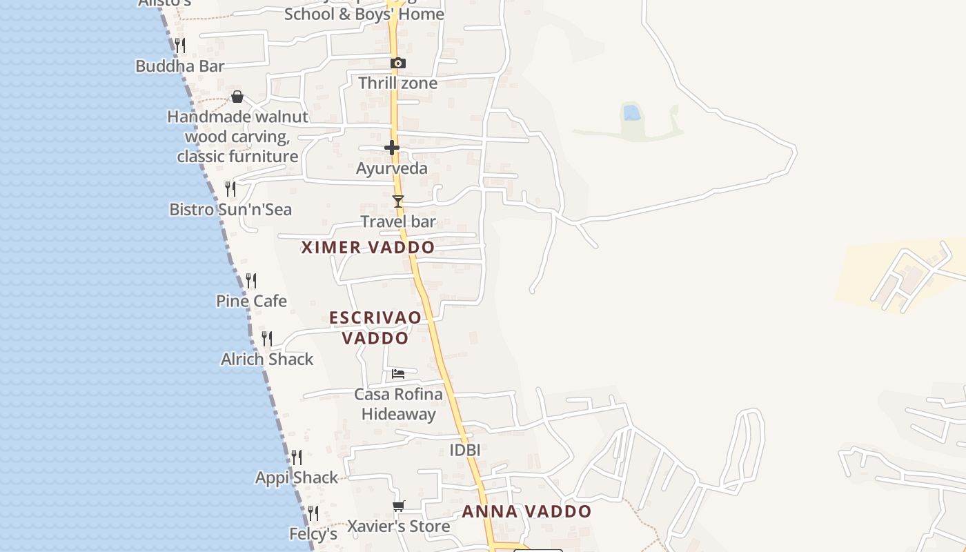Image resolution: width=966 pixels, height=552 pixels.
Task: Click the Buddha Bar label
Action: point(180,66)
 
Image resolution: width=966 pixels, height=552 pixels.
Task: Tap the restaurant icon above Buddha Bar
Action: point(179,46)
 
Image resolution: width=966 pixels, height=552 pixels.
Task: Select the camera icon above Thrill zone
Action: point(397,63)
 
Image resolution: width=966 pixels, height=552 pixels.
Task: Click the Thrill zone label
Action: point(397,83)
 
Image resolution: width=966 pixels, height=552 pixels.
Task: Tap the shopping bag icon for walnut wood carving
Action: point(237,97)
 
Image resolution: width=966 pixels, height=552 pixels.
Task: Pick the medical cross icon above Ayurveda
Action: point(392,148)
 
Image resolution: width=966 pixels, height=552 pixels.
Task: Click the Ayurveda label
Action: point(392,168)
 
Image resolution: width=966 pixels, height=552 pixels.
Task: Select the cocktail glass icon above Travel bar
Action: point(398,201)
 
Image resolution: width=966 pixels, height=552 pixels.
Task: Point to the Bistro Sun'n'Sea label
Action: point(230,210)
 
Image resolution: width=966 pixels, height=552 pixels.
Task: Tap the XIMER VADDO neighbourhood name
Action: point(368,248)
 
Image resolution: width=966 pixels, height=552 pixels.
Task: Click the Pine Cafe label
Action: point(251,302)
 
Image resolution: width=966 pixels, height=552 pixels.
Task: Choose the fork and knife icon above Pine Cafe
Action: point(251,281)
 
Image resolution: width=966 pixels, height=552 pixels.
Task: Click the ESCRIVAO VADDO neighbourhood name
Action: point(375,328)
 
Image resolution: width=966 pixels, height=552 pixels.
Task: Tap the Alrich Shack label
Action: point(267,359)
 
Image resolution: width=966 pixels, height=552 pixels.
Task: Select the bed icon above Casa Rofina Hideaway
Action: point(398,374)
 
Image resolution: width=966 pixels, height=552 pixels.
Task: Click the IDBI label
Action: point(464,451)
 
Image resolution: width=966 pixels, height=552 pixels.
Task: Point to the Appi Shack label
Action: point(297,478)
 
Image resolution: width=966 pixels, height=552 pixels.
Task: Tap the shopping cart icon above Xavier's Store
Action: point(398,506)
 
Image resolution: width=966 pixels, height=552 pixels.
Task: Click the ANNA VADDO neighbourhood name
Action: point(526,512)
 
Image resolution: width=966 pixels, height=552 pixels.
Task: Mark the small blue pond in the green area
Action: point(631,112)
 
